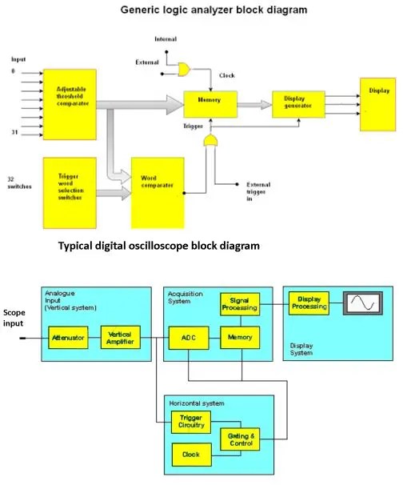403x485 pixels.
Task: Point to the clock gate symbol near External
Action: [185, 70]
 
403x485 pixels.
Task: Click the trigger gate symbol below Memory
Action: [212, 142]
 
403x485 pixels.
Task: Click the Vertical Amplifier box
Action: [121, 339]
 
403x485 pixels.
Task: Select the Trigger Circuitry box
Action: [191, 423]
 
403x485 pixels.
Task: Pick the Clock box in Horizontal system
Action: [191, 455]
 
